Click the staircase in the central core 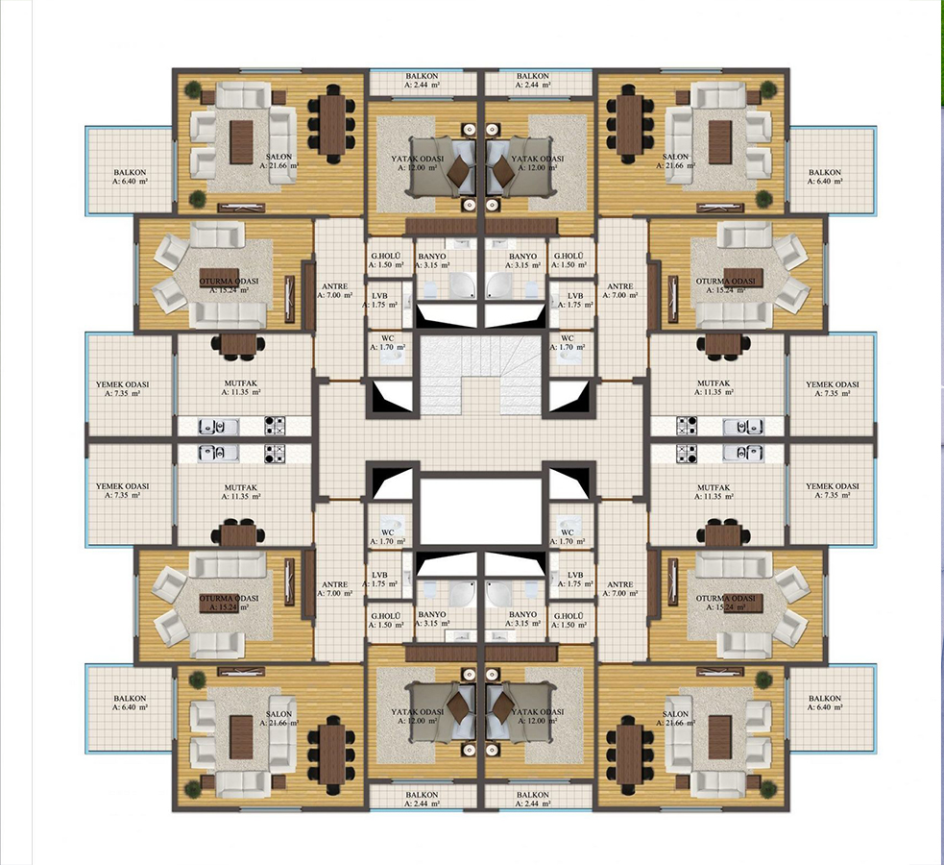480,375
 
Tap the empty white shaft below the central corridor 481,510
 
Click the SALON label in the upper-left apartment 278,157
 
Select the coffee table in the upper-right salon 720,142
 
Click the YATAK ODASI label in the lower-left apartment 417,711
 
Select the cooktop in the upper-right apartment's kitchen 687,427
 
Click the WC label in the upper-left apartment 388,338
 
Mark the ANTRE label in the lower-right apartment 620,584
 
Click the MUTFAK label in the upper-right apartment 714,383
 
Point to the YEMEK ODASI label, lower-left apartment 122,486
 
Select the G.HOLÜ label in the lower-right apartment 569,616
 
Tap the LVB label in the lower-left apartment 380,576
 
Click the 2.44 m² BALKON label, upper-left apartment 422,77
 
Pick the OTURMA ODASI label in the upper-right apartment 725,282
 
